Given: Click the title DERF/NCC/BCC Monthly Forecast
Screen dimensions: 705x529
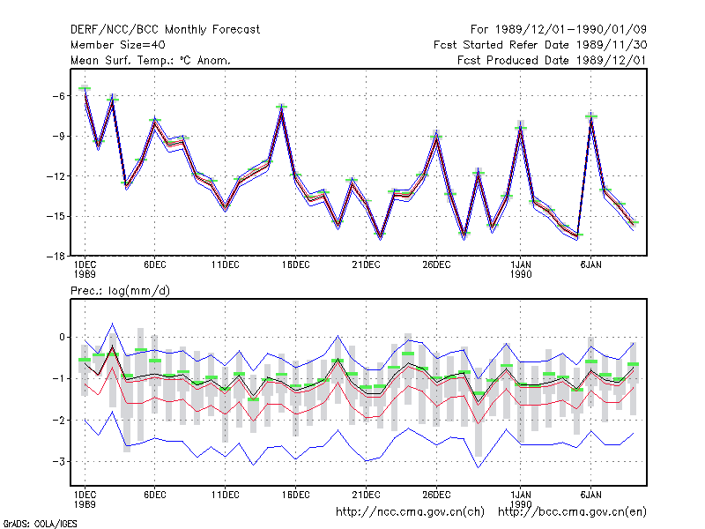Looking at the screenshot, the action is coord(165,30).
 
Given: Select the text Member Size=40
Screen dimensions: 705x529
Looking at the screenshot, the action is coord(118,45).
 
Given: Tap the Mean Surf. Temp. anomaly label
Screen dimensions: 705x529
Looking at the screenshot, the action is coord(151,60).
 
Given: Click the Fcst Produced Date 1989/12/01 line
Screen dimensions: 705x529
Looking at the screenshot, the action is coord(552,60).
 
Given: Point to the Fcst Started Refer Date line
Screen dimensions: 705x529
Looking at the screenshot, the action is coord(540,45).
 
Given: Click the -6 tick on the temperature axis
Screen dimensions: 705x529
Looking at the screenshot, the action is coord(58,96).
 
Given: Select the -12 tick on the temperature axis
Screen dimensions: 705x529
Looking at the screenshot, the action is coord(55,175).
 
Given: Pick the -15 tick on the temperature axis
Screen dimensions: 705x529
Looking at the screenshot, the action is coord(55,216).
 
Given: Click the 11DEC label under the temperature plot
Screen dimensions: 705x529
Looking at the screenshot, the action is coord(226,265).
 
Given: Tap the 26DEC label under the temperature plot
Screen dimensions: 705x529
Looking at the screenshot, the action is coord(436,265).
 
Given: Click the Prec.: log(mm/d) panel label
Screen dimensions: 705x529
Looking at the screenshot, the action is coord(120,291).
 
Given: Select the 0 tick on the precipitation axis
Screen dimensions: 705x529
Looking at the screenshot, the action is coord(62,337).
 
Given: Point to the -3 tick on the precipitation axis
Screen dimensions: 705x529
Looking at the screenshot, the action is coord(58,461).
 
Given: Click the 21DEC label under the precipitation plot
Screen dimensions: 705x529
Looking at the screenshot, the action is coord(366,495).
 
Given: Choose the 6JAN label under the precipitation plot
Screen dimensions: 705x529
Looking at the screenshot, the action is coord(590,495).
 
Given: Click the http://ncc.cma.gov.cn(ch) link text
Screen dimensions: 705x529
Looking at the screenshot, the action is coord(410,512).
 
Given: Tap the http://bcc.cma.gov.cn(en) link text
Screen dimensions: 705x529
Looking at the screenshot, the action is coord(572,512).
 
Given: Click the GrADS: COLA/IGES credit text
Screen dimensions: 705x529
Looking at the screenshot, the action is coord(40,524).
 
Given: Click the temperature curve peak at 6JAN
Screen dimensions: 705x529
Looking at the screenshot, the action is coord(590,118).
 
